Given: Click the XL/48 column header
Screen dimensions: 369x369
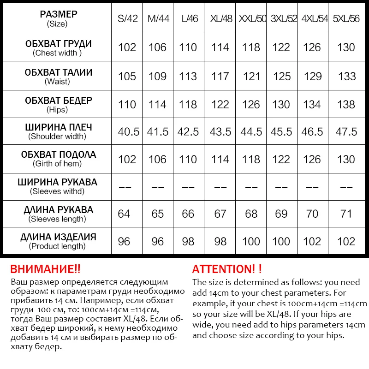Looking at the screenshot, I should [x=220, y=19].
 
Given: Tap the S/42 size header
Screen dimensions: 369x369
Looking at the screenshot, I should [x=127, y=19].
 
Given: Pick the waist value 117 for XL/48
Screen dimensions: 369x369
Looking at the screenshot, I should [x=220, y=76].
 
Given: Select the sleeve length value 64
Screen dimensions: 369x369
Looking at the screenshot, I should [x=124, y=214].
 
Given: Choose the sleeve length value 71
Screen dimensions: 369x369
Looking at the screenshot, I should [x=346, y=214].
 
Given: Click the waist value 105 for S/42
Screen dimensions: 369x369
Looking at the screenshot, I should [x=127, y=76].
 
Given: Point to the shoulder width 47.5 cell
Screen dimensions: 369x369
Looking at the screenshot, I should [x=346, y=131].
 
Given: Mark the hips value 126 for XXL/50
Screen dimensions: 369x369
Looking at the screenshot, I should [x=251, y=104].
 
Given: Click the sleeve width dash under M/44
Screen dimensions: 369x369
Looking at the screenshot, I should [x=157, y=187].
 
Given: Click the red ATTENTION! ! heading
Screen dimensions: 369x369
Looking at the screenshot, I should [x=227, y=269].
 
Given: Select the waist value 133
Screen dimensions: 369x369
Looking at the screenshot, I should [x=347, y=76].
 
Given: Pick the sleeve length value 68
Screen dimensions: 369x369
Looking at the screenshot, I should [x=251, y=214].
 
